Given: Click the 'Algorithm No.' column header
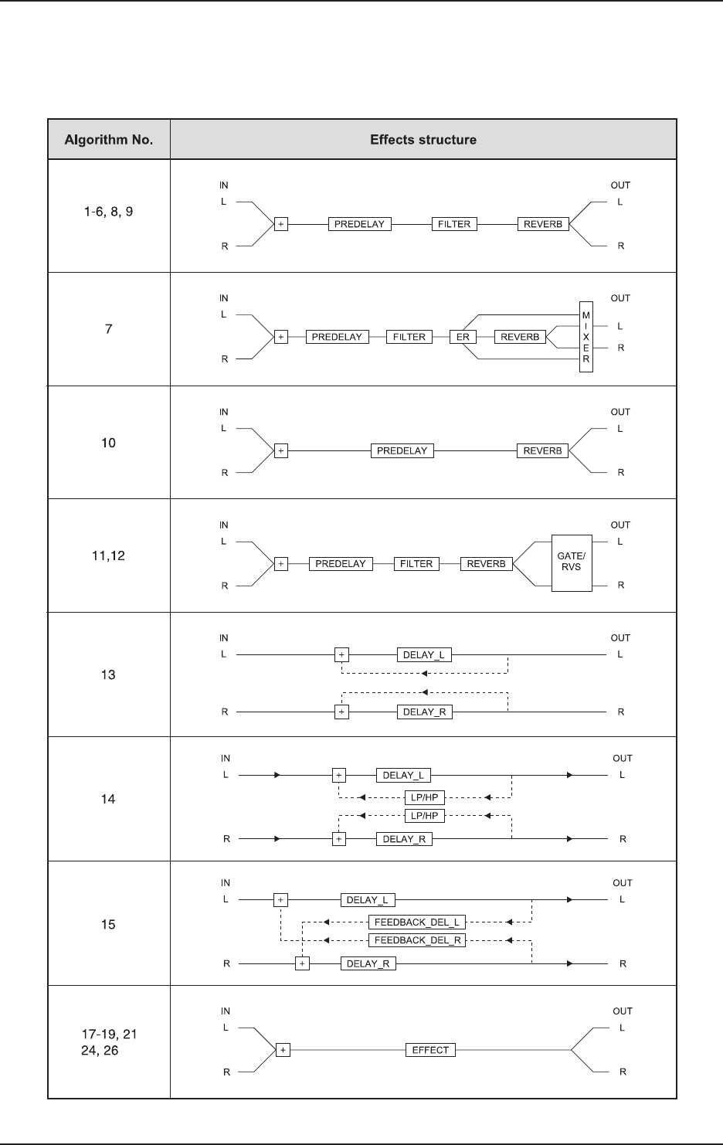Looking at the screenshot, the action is click(108, 140).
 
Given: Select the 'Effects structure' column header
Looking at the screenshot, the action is click(423, 140).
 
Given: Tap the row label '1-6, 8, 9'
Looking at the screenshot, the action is click(108, 211).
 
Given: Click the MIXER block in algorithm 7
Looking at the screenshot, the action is click(586, 337).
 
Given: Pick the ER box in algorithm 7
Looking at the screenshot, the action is click(463, 337).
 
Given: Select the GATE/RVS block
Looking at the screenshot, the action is click(572, 562).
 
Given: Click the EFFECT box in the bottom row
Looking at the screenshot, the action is click(430, 1050).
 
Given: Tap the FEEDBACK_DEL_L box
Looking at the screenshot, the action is click(416, 922).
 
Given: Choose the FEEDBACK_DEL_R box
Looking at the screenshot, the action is click(416, 940).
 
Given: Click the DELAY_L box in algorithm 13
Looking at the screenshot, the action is click(424, 655).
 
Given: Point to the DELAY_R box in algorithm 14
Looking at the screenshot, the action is click(404, 839).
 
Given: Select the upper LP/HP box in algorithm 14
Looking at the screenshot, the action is click(424, 797).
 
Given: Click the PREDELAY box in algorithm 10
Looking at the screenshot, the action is click(402, 450).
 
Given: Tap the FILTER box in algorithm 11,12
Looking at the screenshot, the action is click(416, 564).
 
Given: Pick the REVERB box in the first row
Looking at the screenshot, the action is click(542, 224).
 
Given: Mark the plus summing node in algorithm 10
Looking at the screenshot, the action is click(281, 450).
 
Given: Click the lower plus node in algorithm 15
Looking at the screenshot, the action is click(302, 963).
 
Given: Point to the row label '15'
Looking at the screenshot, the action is click(108, 924).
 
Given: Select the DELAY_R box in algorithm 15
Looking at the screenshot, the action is click(368, 964).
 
